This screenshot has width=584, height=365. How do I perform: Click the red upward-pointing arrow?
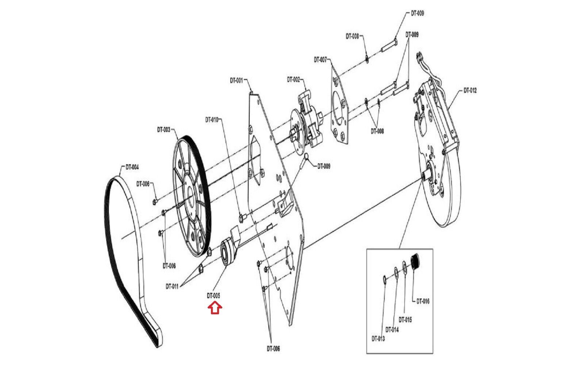tap(215, 308)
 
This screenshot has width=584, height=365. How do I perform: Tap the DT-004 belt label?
tap(132, 168)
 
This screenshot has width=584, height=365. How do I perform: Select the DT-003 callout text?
tap(164, 130)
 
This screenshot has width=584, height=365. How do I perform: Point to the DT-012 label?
tap(470, 91)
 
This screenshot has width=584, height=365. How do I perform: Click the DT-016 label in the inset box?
tap(423, 301)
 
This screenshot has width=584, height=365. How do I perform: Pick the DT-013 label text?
tap(378, 339)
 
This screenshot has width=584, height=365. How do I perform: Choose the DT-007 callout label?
tap(320, 59)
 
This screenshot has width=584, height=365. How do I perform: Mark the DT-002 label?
tap(293, 79)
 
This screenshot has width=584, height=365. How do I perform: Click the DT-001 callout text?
tap(236, 80)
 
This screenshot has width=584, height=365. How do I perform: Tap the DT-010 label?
tap(211, 119)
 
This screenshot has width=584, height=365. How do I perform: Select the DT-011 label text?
tap(172, 287)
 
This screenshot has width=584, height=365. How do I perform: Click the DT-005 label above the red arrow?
tap(214, 295)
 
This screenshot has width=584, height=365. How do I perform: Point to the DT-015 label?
tap(405, 320)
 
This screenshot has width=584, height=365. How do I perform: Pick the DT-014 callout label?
tap(392, 330)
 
